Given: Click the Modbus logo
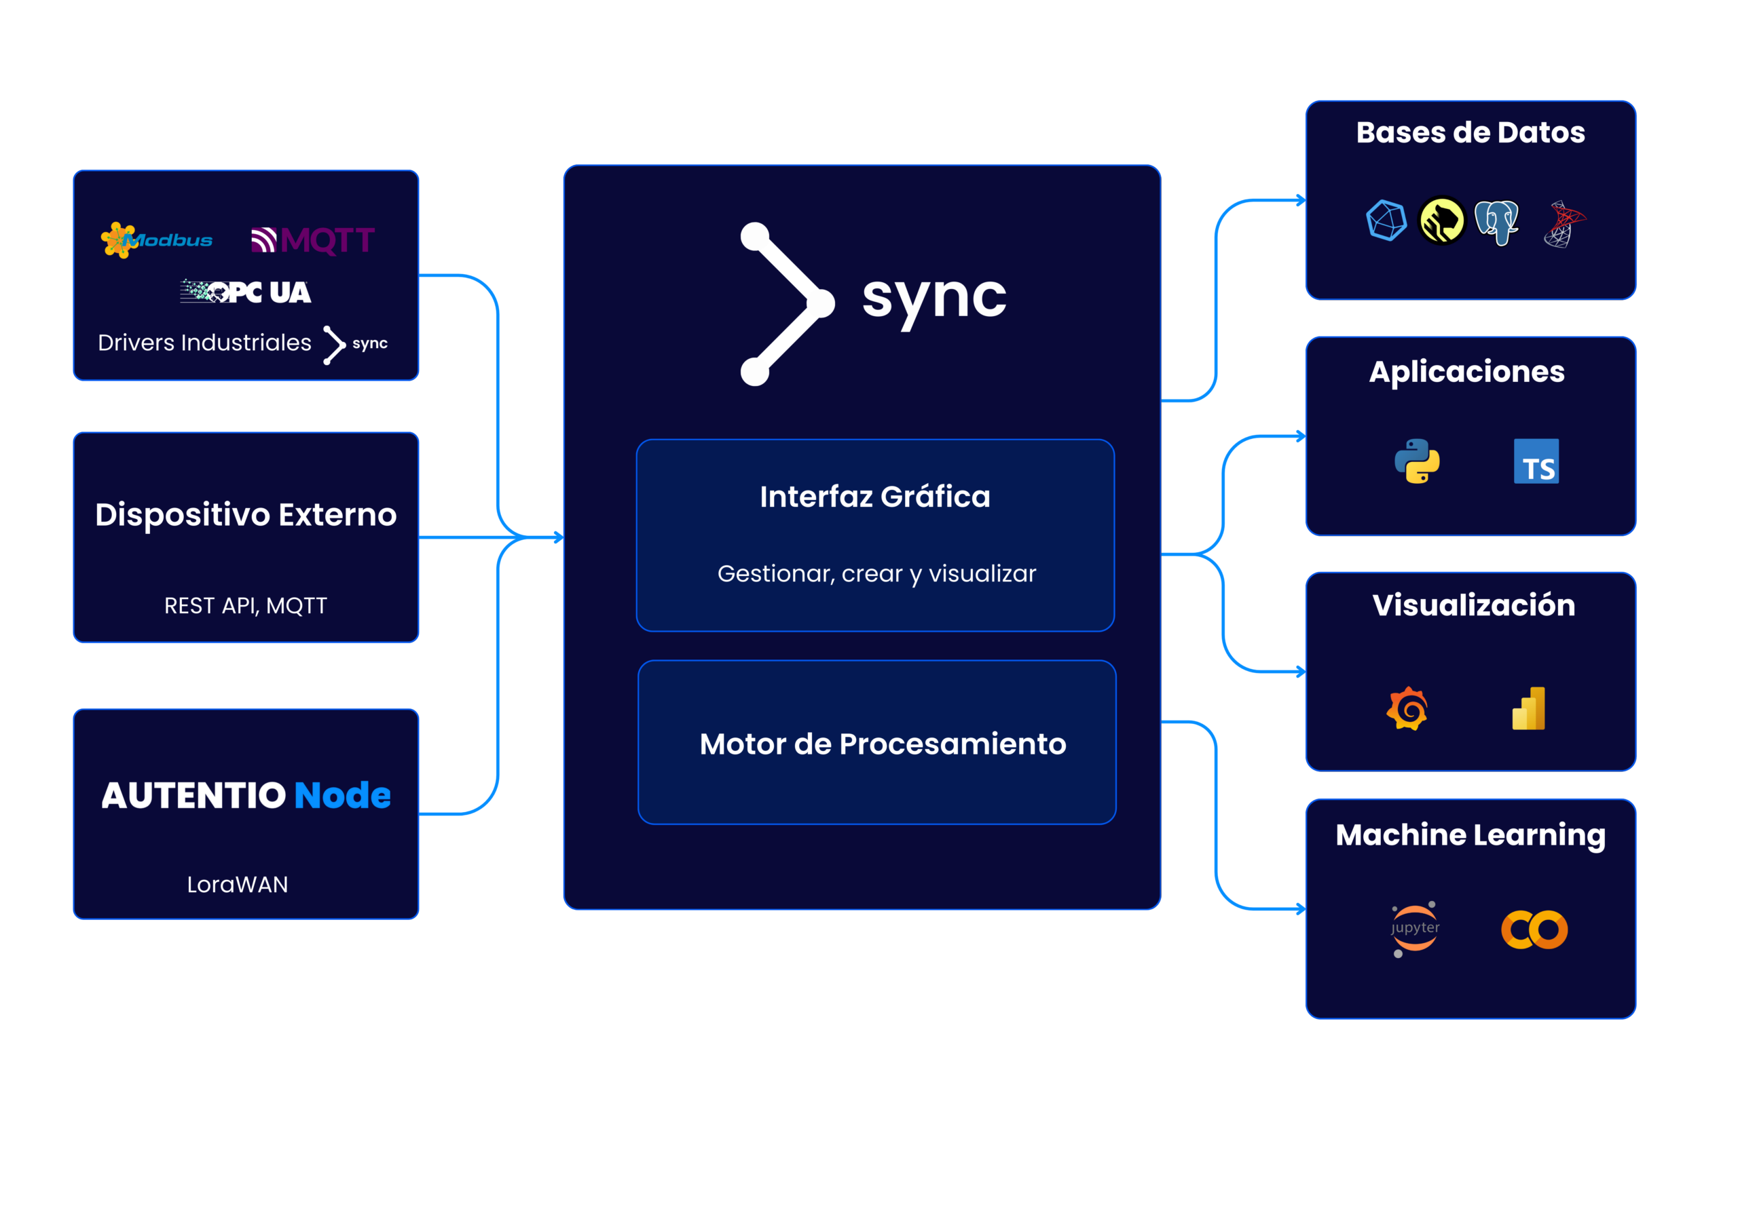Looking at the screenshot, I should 157,241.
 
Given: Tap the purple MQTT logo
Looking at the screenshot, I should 312,241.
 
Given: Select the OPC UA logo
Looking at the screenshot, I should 246,292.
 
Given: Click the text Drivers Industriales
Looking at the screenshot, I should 204,343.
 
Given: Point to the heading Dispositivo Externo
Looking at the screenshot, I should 246,514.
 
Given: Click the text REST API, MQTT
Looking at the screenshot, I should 246,605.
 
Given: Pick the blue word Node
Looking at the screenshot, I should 342,795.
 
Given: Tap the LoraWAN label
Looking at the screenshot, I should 238,885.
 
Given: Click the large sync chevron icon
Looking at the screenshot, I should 788,303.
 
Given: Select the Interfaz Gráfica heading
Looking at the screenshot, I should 875,497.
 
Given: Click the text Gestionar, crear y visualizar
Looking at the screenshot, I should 876,573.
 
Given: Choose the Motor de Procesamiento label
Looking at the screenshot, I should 883,744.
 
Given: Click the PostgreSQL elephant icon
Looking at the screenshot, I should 1496,222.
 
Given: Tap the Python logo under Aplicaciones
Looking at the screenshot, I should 1417,461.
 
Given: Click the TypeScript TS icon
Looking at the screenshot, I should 1536,461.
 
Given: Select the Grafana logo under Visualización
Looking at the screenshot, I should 1407,708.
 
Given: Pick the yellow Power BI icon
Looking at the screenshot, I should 1528,709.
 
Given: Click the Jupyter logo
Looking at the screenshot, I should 1415,928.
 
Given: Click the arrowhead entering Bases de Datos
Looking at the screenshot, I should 1301,201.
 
